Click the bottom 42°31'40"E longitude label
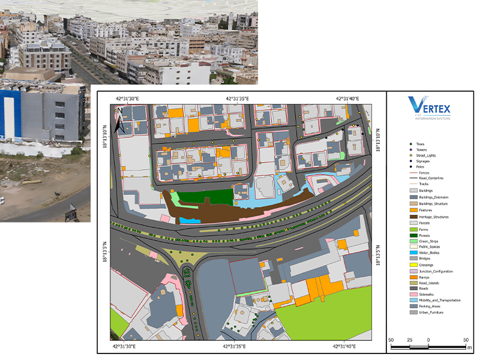click(x=346, y=346)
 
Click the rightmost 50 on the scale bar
click(x=466, y=340)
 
